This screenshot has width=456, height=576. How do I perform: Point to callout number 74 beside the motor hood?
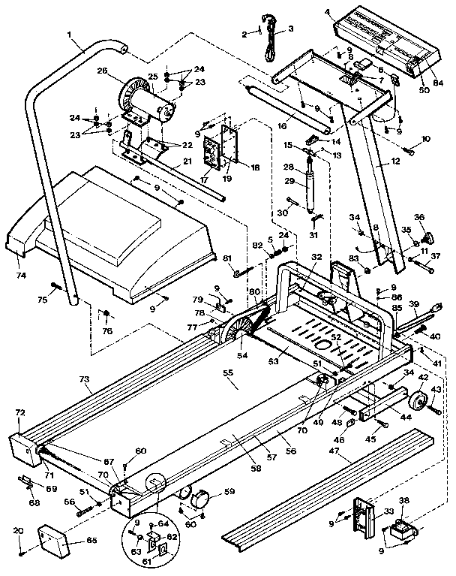20,276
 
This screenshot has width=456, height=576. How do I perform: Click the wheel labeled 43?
415,402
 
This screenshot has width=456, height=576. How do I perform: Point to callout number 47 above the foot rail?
345,454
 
